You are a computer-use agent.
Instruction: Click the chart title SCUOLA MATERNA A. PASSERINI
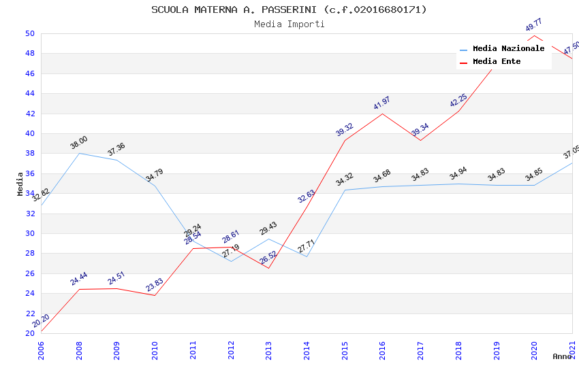pos(289,10)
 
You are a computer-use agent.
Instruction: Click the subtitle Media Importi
pos(289,24)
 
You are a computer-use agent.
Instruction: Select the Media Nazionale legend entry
pos(508,49)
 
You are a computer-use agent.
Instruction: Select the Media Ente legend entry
pos(497,62)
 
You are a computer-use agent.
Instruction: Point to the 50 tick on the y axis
pos(30,33)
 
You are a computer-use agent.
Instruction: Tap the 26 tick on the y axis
pos(30,273)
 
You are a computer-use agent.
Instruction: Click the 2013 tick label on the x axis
pos(268,349)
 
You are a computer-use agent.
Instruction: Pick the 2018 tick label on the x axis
pos(458,349)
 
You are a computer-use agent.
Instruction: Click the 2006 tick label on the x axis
pos(41,349)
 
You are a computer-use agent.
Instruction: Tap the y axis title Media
pos(20,184)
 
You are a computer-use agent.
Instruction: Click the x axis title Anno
pos(562,356)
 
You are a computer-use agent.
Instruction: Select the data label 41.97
pos(381,103)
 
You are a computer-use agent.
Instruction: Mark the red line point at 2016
pos(382,114)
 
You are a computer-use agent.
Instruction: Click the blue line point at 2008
pos(79,153)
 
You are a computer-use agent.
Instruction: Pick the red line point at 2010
pos(155,295)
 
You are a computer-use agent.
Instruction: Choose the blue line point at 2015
pos(345,190)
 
